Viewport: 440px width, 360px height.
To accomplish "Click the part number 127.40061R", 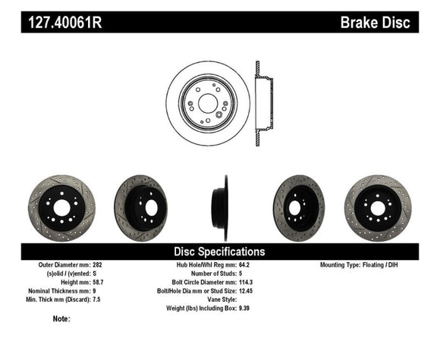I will pos(65,23).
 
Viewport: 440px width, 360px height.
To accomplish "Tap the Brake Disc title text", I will pos(376,23).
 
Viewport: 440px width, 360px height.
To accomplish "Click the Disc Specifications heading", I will pos(219,251).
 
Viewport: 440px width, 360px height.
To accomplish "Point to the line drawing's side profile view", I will pos(263,102).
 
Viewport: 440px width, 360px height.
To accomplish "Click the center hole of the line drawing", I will pos(207,102).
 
